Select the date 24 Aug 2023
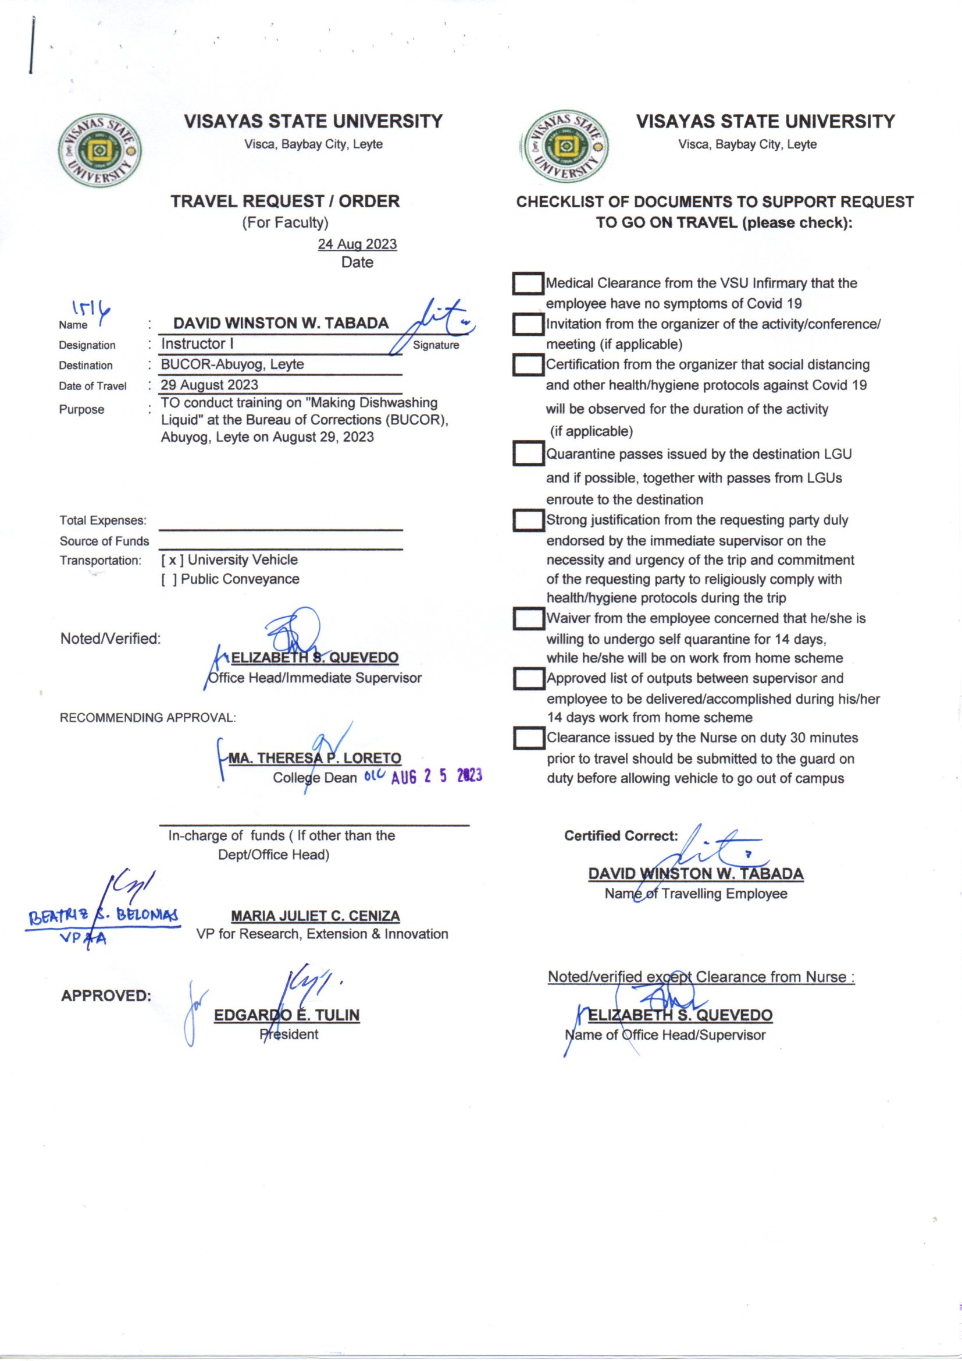pyautogui.click(x=357, y=244)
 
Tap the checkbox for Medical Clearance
pyautogui.click(x=528, y=284)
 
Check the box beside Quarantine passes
pyautogui.click(x=528, y=455)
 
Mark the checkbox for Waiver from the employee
pyautogui.click(x=528, y=619)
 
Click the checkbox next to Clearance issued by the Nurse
pyautogui.click(x=528, y=739)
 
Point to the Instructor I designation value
pyautogui.click(x=193, y=344)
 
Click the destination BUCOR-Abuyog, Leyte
pyautogui.click(x=232, y=364)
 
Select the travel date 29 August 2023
pyautogui.click(x=210, y=385)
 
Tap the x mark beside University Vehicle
pyautogui.click(x=172, y=560)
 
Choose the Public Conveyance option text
pyautogui.click(x=240, y=579)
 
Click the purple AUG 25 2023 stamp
pyautogui.click(x=437, y=776)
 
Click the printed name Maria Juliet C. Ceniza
pyautogui.click(x=315, y=916)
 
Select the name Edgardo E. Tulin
pyautogui.click(x=287, y=1015)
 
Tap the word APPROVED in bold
pyautogui.click(x=106, y=996)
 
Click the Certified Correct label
pyautogui.click(x=621, y=836)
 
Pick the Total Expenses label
pyautogui.click(x=103, y=520)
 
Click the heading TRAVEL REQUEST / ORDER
pyautogui.click(x=286, y=201)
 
